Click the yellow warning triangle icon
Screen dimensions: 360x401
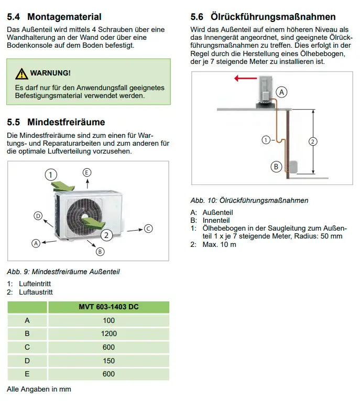tap(21, 74)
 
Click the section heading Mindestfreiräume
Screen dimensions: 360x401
tap(66, 122)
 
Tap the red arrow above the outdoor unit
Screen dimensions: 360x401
tap(245, 78)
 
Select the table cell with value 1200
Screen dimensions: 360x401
tap(108, 334)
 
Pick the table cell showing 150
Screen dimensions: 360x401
tap(108, 361)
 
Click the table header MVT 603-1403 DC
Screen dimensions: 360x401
tap(108, 307)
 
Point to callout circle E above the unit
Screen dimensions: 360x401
tap(87, 172)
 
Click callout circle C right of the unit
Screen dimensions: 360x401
tap(148, 229)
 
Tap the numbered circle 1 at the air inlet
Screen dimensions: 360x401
tap(51, 175)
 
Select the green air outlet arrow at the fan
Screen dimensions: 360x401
tap(94, 222)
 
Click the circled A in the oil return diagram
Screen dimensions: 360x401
tap(281, 92)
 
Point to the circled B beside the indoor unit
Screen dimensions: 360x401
tap(276, 167)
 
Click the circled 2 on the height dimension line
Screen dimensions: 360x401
tap(313, 142)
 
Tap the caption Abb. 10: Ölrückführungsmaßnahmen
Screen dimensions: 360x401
tap(249, 200)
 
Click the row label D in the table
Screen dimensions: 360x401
tap(27, 361)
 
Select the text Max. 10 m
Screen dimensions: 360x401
tap(220, 244)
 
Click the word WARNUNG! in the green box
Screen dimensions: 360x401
tap(50, 73)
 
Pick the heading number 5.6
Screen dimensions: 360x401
tap(197, 17)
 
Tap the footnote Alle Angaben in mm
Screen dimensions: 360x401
tap(39, 389)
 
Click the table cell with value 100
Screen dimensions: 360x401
tap(108, 320)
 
